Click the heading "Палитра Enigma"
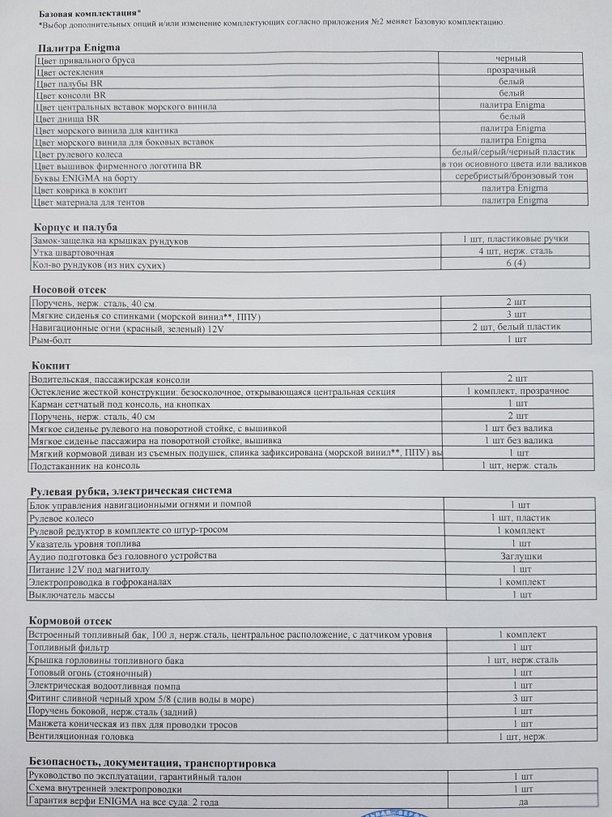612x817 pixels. click(x=79, y=48)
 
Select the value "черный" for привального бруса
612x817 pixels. click(x=511, y=58)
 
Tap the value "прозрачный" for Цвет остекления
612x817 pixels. click(x=511, y=71)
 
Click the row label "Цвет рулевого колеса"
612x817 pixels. click(x=79, y=154)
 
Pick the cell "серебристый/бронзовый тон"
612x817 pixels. click(x=513, y=177)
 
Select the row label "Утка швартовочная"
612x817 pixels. click(x=73, y=252)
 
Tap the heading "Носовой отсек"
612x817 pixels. click(x=69, y=289)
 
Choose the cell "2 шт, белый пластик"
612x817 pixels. click(x=516, y=327)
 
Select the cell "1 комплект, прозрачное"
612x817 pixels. click(x=517, y=391)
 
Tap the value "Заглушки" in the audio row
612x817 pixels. click(x=521, y=557)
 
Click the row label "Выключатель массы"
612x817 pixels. click(x=71, y=595)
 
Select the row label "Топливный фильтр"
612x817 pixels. click(x=69, y=648)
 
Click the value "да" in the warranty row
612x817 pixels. click(x=522, y=802)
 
